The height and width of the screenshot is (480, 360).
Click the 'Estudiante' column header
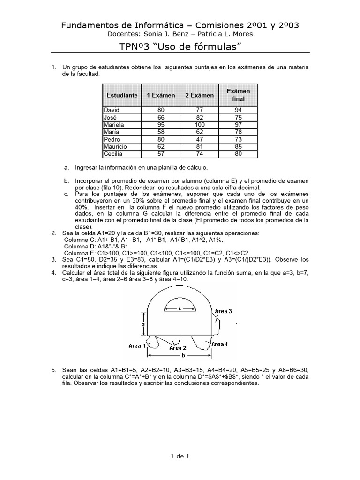122,95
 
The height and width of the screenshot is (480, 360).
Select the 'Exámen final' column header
238,95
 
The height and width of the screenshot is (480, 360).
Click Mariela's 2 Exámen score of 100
199,125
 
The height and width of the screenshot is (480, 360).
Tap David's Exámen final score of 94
238,110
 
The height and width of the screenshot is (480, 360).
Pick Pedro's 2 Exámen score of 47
199,139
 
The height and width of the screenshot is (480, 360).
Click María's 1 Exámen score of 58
161,132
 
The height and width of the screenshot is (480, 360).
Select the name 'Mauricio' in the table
115,147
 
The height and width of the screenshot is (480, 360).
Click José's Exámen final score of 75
238,117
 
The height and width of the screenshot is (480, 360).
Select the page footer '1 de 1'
180,455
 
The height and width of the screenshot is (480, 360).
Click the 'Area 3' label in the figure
223,311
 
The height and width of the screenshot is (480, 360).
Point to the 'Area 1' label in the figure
137,346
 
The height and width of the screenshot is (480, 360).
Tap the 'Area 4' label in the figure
219,344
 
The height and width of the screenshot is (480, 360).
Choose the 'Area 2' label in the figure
178,348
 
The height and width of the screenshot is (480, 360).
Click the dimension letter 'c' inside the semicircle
180,308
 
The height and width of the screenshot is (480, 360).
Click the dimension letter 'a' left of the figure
142,324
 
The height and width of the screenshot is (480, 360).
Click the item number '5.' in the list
54,370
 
